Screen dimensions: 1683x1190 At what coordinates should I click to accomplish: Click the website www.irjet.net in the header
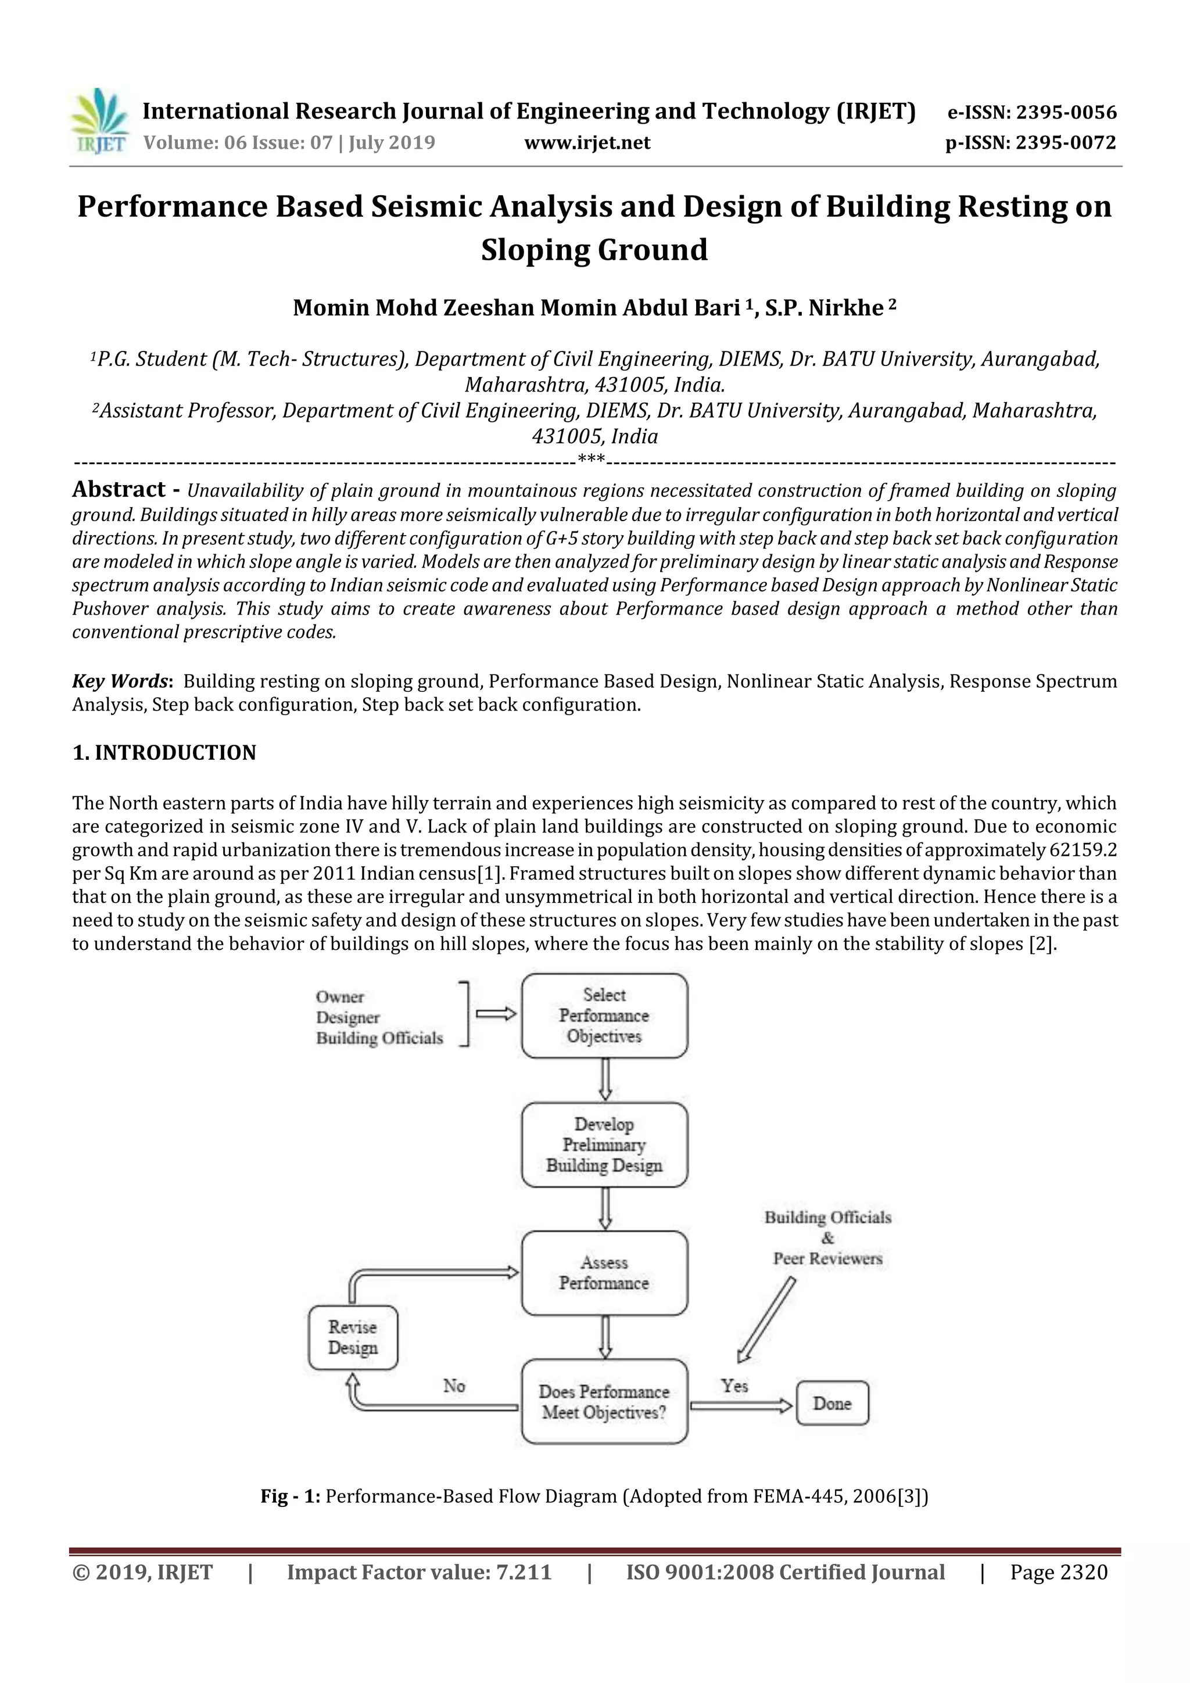(586, 142)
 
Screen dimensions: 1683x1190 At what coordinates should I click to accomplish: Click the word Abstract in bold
(119, 489)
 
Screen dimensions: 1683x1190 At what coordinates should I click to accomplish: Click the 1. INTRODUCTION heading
(164, 753)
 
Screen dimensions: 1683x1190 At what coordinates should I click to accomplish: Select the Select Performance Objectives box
(604, 1015)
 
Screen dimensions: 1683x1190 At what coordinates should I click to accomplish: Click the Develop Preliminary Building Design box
(604, 1144)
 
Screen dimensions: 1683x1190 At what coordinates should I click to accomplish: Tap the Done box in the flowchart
(831, 1403)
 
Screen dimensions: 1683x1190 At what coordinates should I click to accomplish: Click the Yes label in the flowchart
(734, 1386)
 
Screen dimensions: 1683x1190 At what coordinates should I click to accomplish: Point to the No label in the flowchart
(454, 1386)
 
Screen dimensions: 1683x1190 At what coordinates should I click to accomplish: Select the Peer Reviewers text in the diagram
(827, 1258)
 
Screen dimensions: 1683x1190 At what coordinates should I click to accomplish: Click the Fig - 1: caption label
(291, 1496)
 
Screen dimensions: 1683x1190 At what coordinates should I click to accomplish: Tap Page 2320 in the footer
(1058, 1572)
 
